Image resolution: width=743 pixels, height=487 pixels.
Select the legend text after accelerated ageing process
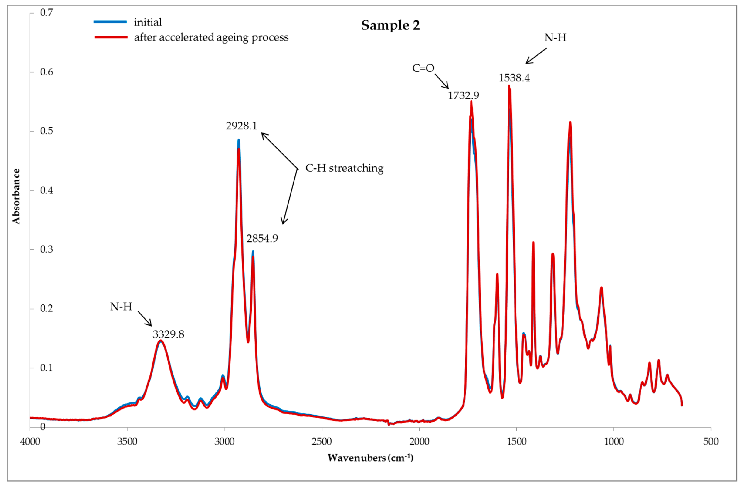tap(211, 37)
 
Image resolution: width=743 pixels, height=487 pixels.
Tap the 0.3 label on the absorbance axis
tap(46, 249)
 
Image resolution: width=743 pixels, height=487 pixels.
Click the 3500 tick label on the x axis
tap(127, 441)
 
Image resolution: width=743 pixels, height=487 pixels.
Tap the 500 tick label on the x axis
tap(711, 441)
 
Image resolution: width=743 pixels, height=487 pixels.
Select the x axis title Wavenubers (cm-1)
tap(370, 458)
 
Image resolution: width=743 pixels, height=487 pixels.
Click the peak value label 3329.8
tap(168, 334)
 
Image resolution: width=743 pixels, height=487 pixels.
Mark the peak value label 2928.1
tap(241, 126)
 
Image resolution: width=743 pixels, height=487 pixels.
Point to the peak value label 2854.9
tap(262, 239)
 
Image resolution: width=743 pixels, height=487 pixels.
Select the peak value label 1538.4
tap(514, 78)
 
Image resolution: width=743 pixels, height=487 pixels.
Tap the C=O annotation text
tap(423, 68)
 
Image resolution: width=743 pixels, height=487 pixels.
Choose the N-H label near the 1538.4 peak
tap(555, 38)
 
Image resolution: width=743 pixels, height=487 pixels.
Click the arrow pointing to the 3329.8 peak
tap(145, 319)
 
